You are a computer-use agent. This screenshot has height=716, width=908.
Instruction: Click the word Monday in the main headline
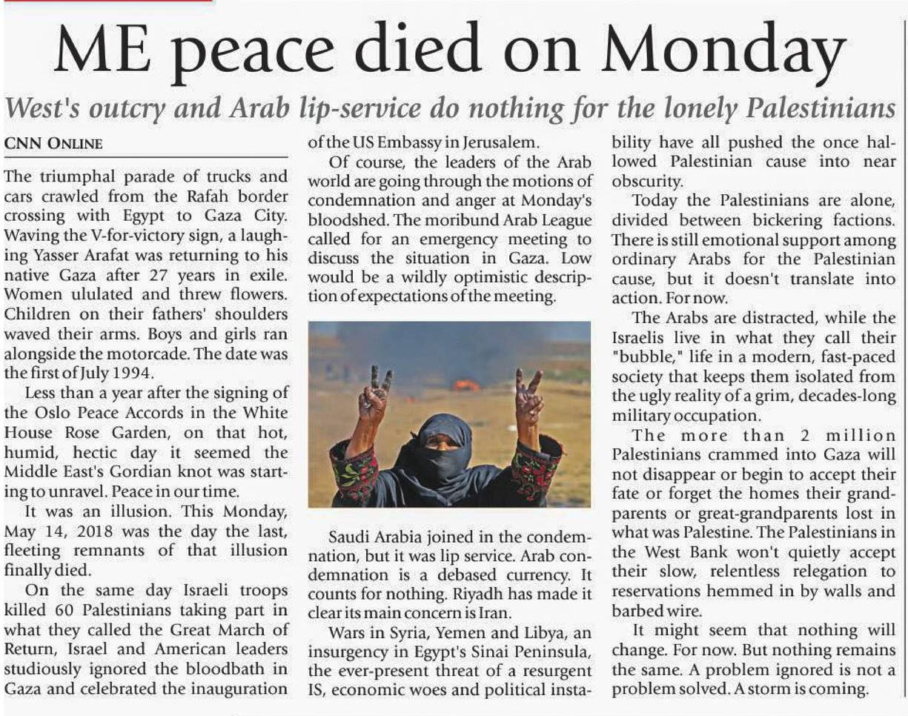click(x=724, y=50)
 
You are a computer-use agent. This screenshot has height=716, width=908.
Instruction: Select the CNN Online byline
click(x=54, y=143)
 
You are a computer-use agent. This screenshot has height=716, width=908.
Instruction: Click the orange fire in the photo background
click(x=465, y=385)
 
